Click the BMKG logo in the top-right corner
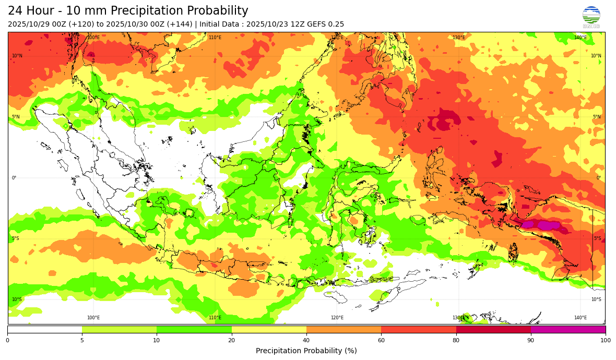[591, 17]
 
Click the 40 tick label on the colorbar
[306, 340]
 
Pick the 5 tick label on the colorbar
[82, 340]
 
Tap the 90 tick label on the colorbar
[531, 340]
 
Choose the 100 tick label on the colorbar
[605, 340]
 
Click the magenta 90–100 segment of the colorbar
[568, 329]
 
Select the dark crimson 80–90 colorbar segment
[493, 329]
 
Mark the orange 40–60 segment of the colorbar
[343, 329]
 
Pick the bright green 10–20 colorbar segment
[194, 329]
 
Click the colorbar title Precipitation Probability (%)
[306, 351]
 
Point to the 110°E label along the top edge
[215, 38]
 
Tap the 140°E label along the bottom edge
[581, 318]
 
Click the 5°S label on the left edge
[16, 238]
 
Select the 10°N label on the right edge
[596, 56]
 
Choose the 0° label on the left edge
[14, 178]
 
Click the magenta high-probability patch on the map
[547, 225]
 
